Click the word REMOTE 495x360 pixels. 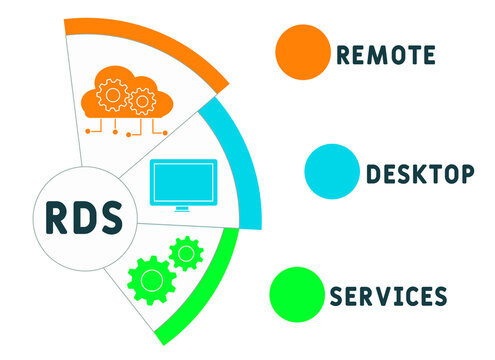coord(386,54)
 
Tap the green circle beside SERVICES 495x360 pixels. coord(299,294)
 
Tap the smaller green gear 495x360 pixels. coord(185,253)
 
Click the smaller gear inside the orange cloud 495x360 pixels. coord(142,100)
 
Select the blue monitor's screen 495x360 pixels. coord(181,180)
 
